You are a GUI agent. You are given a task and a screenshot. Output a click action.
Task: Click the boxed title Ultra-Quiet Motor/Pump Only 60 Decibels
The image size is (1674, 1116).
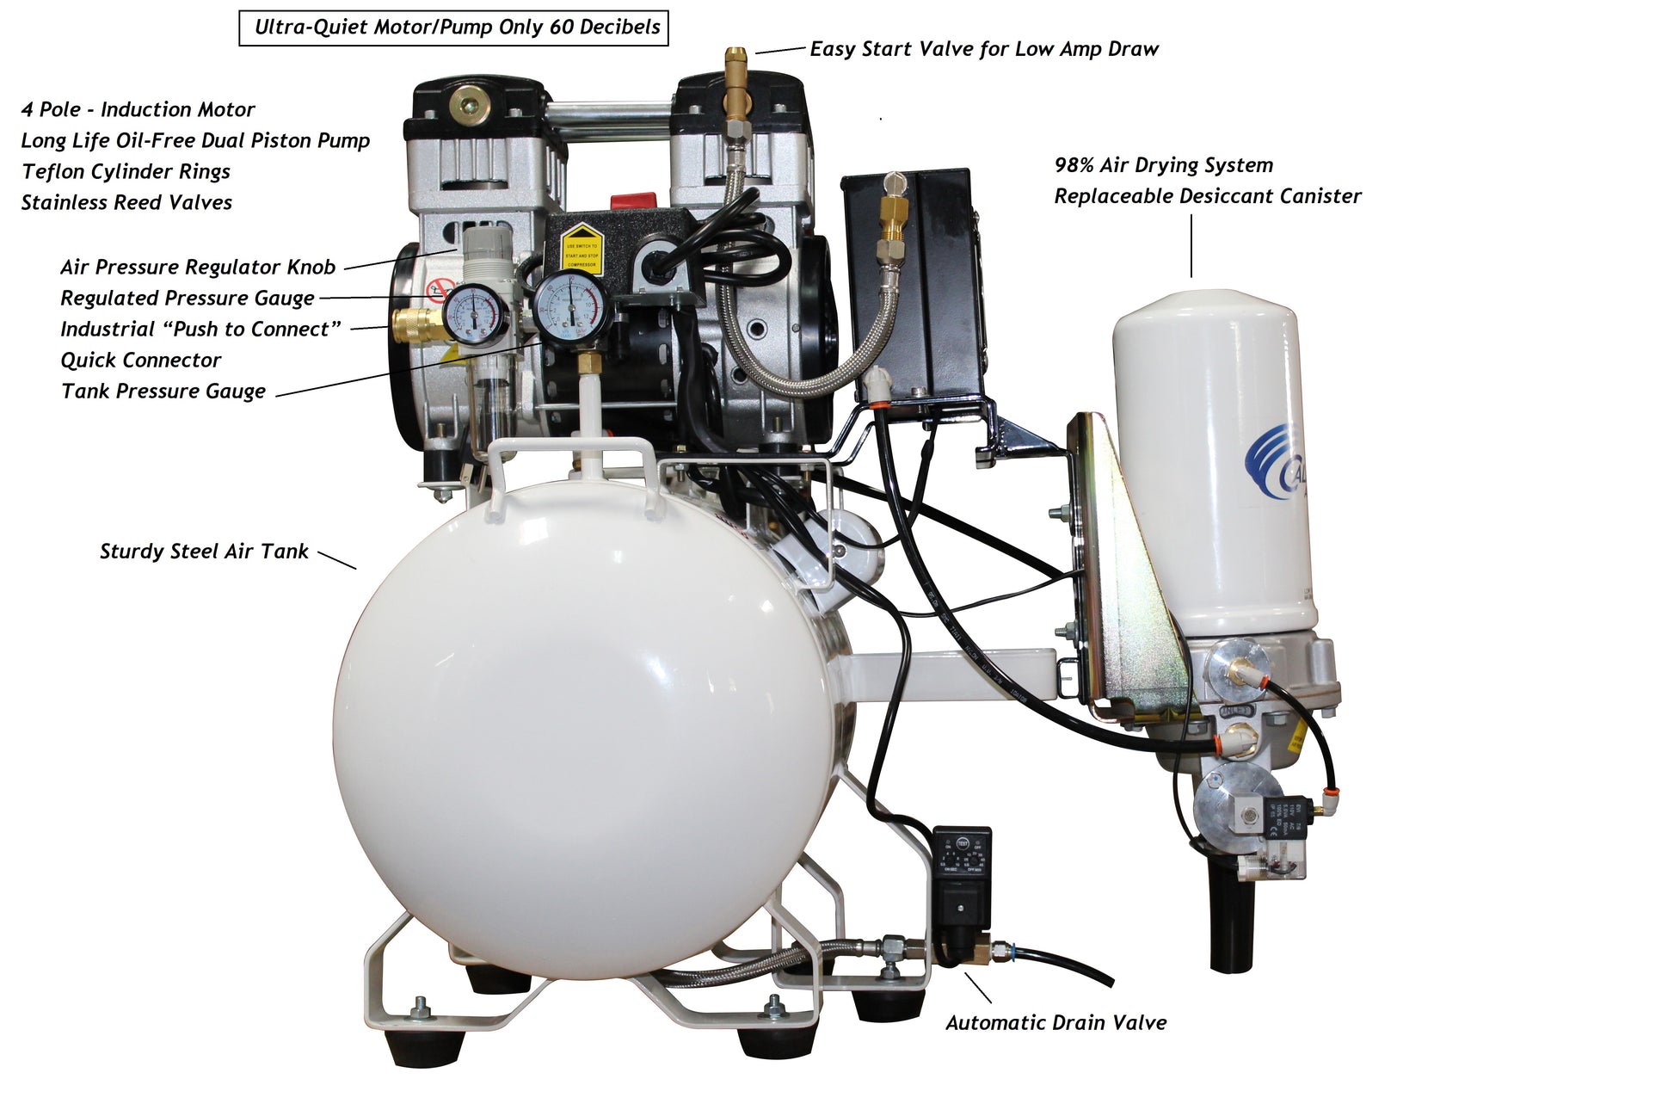click(x=453, y=28)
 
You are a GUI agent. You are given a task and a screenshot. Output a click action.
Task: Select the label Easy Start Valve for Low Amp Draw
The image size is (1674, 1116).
click(x=984, y=49)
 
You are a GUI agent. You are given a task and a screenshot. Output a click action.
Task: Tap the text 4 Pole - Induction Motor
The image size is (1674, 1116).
click(x=138, y=110)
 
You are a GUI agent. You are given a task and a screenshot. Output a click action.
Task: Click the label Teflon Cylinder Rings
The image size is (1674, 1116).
click(x=126, y=172)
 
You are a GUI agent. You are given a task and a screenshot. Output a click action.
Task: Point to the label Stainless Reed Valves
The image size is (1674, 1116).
click(x=126, y=203)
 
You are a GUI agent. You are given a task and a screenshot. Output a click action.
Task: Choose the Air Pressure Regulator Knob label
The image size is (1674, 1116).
click(x=198, y=268)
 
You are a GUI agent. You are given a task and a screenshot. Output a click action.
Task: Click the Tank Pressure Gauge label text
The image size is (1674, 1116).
click(x=163, y=392)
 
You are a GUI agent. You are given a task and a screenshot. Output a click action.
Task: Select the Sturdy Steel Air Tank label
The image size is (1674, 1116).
click(x=204, y=552)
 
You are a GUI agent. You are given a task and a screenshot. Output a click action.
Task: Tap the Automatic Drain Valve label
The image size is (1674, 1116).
click(x=1056, y=1023)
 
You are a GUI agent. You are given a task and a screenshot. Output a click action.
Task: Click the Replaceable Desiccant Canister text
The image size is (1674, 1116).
click(x=1208, y=197)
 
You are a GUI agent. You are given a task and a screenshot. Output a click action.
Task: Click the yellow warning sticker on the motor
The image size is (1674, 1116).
click(x=582, y=246)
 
